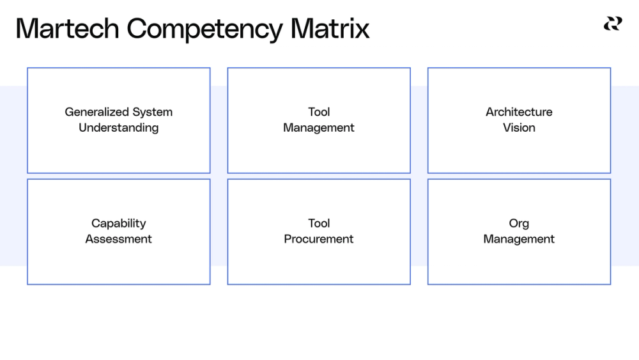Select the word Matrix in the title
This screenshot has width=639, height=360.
point(330,29)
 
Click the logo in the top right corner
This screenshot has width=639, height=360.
point(612,24)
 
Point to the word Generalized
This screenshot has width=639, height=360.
point(93,112)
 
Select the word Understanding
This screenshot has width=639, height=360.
point(118,128)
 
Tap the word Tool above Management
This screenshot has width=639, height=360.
point(319,112)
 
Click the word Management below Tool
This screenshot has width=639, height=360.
point(319,128)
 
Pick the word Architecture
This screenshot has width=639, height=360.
point(519,112)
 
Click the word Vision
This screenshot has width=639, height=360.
point(519,128)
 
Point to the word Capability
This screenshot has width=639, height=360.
point(118,224)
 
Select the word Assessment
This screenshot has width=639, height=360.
point(118,239)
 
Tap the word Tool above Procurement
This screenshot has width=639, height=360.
point(319,223)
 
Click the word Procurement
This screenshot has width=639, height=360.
point(319,239)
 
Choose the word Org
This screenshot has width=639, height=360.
point(519,224)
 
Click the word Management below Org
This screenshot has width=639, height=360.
point(519,239)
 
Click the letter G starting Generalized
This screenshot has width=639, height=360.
point(69,112)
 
